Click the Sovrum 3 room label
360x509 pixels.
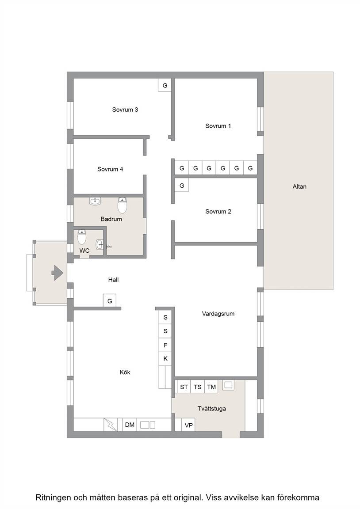coord(125,110)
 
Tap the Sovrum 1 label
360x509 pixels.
coord(218,126)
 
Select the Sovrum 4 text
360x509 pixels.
coord(110,169)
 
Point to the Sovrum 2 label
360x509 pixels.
coord(218,212)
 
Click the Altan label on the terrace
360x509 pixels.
coord(299,186)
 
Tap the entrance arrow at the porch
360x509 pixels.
coord(57,273)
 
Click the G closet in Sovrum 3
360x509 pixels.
coord(165,85)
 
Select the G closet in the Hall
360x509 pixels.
coord(110,300)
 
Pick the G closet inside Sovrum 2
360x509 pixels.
coord(182,186)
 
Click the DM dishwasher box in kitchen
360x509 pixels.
coord(129,425)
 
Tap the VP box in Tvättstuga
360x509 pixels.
coord(188,425)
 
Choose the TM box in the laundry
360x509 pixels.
coord(211,387)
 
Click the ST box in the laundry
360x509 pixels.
coord(184,387)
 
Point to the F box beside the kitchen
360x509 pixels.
coord(165,345)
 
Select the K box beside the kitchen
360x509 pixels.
coord(165,359)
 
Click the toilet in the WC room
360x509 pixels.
coord(82,237)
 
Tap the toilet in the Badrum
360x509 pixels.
coord(122,205)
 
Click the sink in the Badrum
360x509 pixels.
coord(95,201)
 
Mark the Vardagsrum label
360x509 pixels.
coord(218,314)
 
